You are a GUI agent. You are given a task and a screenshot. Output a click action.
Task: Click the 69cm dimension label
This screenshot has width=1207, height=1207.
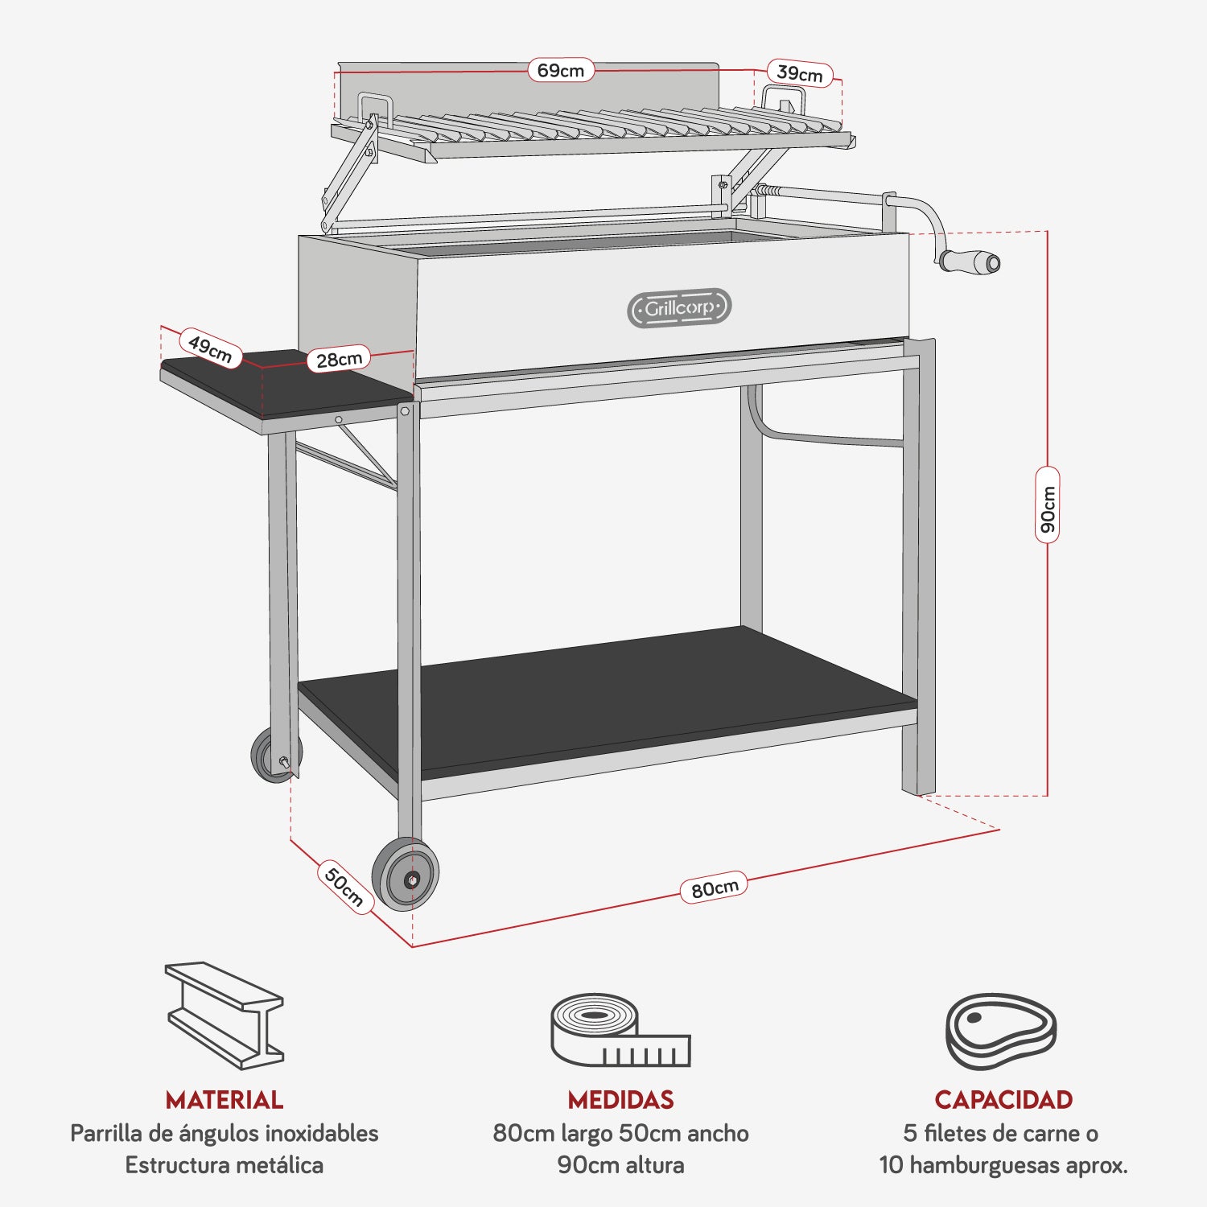(561, 71)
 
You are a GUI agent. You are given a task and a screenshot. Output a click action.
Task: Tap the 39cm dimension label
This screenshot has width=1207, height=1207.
(799, 74)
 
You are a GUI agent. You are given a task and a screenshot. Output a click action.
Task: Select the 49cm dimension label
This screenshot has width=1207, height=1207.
(210, 348)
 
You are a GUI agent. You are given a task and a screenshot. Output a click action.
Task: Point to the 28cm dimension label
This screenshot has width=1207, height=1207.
(339, 359)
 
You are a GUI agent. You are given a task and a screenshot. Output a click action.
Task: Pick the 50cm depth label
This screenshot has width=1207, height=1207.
(344, 887)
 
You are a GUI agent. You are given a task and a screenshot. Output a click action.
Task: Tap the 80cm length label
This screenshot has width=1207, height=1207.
(715, 888)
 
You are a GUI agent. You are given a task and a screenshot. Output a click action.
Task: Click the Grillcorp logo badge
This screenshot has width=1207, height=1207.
(679, 308)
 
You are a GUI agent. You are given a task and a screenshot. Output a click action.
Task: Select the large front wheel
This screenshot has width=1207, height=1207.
(406, 875)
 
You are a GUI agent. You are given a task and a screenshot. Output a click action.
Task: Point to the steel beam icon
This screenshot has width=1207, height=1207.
(225, 1015)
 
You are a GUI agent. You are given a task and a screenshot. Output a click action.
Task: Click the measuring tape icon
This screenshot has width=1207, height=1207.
(620, 1030)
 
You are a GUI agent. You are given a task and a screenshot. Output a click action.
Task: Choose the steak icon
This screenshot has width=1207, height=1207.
(1000, 1031)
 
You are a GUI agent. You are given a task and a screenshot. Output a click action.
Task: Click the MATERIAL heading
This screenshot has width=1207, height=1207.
(225, 1100)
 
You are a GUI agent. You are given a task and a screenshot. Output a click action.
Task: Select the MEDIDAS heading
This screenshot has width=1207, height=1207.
(620, 1100)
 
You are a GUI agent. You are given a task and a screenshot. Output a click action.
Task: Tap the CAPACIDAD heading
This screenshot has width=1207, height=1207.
(1003, 1100)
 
